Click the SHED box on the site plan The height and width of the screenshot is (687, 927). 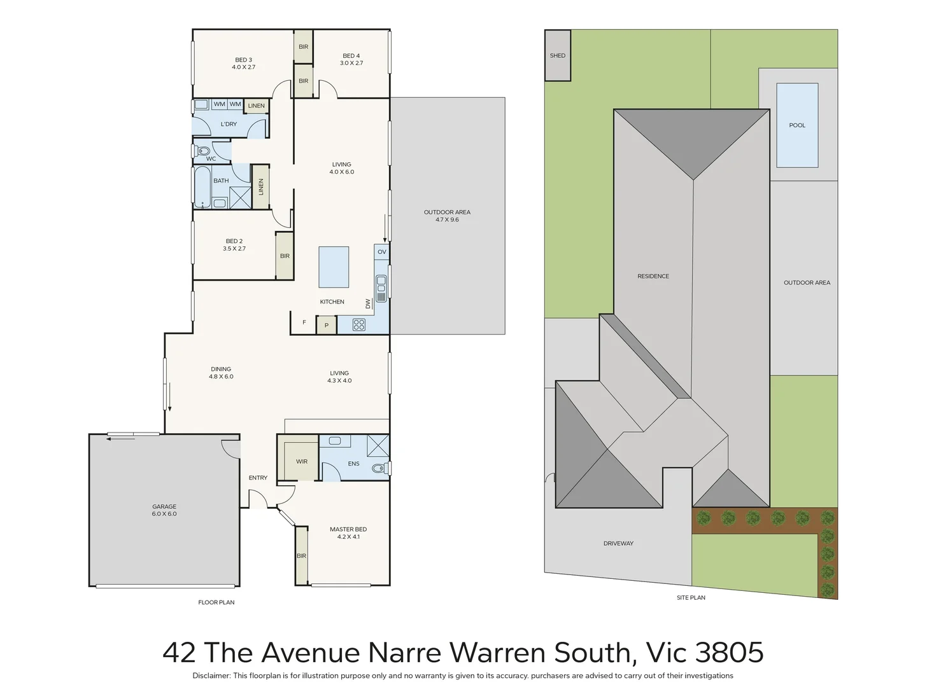(x=557, y=56)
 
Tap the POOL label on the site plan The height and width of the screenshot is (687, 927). (x=797, y=125)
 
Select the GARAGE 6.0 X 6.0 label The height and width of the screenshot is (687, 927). (x=164, y=510)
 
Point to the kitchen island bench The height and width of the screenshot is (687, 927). (x=334, y=267)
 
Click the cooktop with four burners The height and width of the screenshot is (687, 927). (x=359, y=325)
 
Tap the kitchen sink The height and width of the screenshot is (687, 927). (x=381, y=288)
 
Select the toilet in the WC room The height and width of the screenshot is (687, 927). (x=202, y=151)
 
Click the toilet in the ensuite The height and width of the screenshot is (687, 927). (x=380, y=468)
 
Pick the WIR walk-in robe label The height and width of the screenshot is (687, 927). (x=302, y=462)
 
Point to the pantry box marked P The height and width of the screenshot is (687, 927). (x=326, y=325)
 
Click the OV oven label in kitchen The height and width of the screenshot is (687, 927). (x=382, y=252)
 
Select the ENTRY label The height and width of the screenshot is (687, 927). (x=258, y=478)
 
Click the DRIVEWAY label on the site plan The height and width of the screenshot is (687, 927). (x=618, y=543)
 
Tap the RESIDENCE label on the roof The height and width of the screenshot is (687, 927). (x=653, y=276)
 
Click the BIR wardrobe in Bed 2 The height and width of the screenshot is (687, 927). (x=285, y=256)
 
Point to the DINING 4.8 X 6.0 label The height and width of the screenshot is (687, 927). (x=221, y=373)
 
